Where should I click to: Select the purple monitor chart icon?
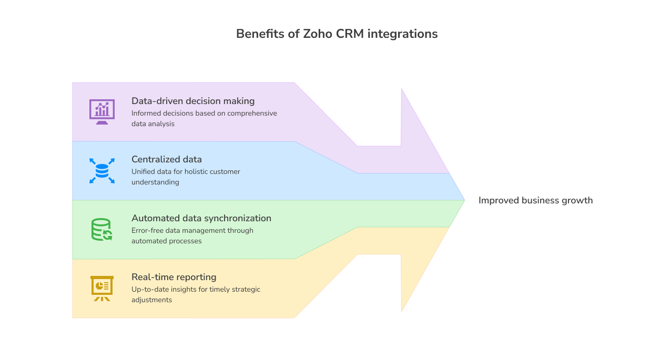102,111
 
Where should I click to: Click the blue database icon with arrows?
102,170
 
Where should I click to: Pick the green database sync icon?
101,230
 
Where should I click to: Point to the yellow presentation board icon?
102,288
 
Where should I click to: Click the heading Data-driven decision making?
193,101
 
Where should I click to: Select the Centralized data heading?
167,159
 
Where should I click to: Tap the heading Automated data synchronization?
201,218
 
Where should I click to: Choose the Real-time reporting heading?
174,277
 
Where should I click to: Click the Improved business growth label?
535,200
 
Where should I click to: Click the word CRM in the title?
349,34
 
